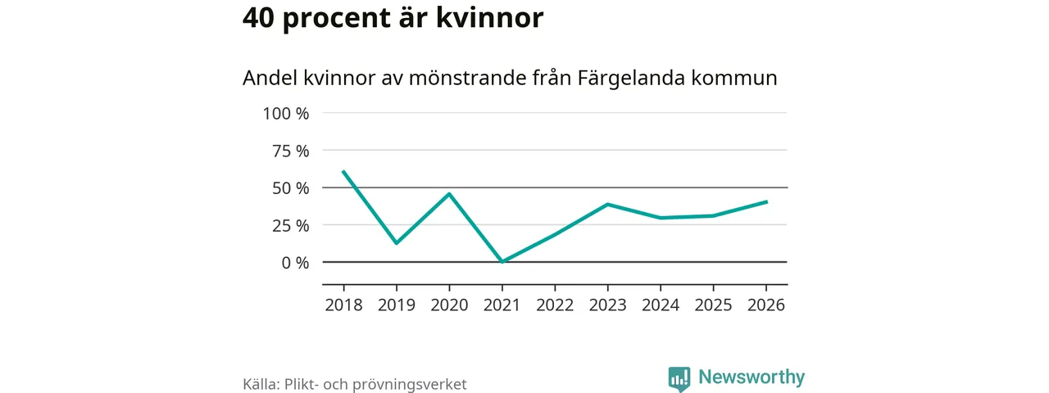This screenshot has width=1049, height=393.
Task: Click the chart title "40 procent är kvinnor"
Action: click(x=393, y=18)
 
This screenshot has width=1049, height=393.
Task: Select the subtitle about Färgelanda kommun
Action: click(x=510, y=79)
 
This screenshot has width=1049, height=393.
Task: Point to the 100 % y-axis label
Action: click(x=286, y=113)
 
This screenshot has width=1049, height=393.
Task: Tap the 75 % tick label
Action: click(x=291, y=151)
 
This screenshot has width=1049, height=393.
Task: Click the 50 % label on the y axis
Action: click(x=291, y=187)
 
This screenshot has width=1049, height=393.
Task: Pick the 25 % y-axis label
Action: click(x=291, y=225)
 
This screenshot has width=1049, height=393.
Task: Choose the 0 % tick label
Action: click(x=296, y=262)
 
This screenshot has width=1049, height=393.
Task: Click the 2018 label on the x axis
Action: click(x=343, y=305)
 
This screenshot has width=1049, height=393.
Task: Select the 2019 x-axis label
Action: click(x=397, y=305)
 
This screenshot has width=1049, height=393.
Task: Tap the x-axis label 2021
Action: click(x=502, y=305)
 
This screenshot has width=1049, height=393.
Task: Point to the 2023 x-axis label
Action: click(x=607, y=305)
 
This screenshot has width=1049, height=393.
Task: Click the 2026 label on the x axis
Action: click(x=765, y=305)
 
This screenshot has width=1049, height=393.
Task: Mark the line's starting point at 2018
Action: click(x=343, y=172)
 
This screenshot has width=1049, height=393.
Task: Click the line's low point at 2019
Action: click(x=397, y=243)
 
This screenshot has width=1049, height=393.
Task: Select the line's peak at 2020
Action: click(x=449, y=194)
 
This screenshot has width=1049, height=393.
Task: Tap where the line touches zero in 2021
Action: click(x=502, y=261)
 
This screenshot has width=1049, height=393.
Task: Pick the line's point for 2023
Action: click(x=607, y=204)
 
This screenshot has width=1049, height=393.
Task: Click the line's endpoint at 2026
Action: click(x=765, y=201)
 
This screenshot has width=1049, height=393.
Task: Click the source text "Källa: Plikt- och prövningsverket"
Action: click(x=355, y=384)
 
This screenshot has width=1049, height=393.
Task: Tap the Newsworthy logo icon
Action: click(x=679, y=378)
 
